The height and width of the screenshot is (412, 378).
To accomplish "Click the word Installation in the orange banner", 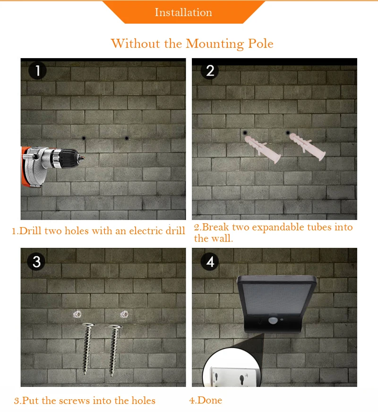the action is [x=183, y=12].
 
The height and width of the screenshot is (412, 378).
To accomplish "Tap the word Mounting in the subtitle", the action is [x=215, y=44].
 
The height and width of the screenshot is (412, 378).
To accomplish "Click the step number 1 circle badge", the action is [x=37, y=70].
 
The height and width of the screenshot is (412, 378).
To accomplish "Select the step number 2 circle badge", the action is [x=210, y=70].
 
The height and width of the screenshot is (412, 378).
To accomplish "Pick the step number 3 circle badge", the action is [x=36, y=262].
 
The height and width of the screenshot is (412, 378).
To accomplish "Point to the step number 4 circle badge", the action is [x=210, y=262].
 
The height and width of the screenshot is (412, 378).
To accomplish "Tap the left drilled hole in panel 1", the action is [x=84, y=138].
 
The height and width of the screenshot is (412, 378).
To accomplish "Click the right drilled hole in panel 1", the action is [x=127, y=138].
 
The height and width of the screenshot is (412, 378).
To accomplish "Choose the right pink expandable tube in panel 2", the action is [x=308, y=146].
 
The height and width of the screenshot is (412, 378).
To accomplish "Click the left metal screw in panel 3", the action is [x=87, y=349].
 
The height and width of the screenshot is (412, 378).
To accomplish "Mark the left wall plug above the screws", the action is [x=77, y=314].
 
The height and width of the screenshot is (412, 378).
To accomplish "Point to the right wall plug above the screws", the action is [x=124, y=314].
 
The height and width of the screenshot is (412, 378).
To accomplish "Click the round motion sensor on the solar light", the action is [x=273, y=321].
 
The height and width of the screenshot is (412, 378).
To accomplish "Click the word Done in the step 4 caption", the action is [x=210, y=400].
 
